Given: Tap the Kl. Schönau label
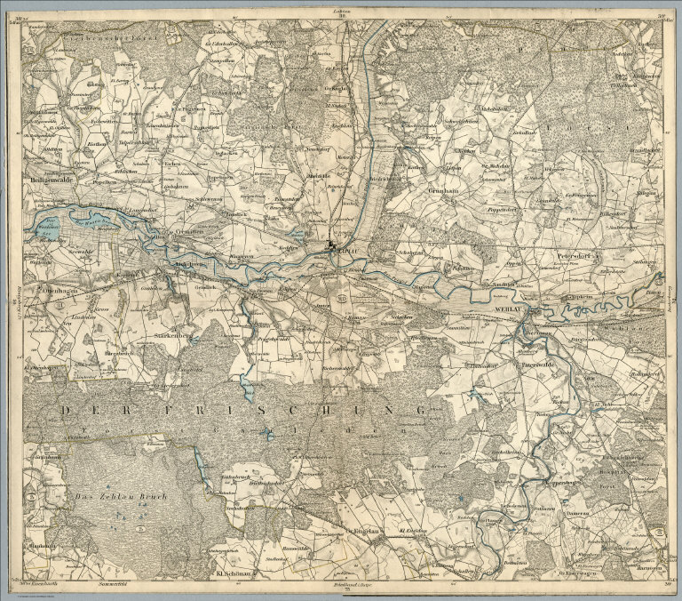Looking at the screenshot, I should pyautogui.click(x=230, y=573).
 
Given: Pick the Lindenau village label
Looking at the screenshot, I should pyautogui.click(x=58, y=316).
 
